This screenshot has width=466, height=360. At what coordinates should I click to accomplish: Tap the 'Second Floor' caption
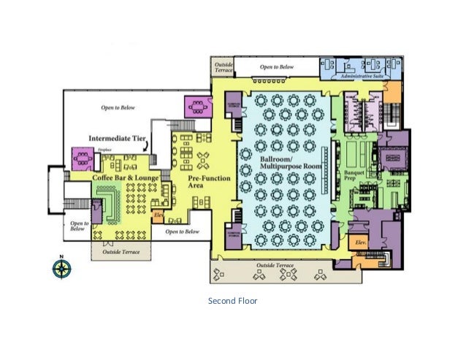click(233, 300)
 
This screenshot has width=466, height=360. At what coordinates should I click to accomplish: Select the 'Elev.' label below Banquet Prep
click(360, 241)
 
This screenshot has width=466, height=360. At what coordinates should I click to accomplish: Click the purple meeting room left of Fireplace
click(81, 157)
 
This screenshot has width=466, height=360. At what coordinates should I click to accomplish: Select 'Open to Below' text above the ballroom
click(277, 67)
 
